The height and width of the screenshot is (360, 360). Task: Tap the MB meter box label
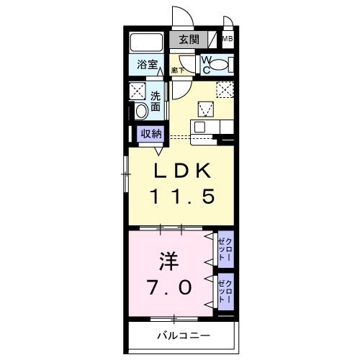pyautogui.click(x=228, y=40)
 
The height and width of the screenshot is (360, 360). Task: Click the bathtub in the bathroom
pyautogui.click(x=148, y=42)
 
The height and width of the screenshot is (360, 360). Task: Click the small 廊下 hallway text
pyautogui.click(x=177, y=70)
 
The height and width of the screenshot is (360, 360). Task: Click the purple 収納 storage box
pyautogui.click(x=151, y=134)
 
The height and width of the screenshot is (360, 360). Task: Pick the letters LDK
pyautogui.click(x=181, y=171)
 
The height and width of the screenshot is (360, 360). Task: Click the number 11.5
pyautogui.click(x=181, y=197)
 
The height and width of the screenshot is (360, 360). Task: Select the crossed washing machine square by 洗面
pyautogui.click(x=138, y=90)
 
